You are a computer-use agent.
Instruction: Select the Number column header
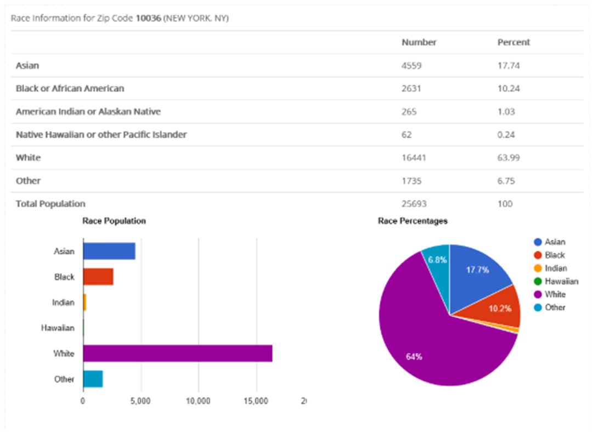pos(419,42)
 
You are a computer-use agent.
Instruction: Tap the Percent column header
pos(514,42)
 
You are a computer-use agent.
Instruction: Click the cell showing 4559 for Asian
pos(412,65)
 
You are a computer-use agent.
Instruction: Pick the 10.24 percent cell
pos(509,88)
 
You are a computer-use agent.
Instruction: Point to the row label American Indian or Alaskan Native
pos(88,111)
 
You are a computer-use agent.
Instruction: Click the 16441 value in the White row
pos(414,158)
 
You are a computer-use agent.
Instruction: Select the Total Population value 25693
pos(414,204)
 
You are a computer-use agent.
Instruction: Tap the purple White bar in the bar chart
pos(177,354)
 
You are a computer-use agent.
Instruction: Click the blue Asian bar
pos(109,251)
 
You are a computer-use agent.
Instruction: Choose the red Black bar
pos(98,277)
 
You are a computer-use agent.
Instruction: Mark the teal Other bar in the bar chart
pos(93,379)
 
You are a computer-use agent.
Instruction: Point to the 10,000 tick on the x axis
pos(198,401)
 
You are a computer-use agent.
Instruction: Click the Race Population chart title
pos(114,221)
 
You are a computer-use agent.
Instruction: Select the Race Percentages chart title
pos(413,221)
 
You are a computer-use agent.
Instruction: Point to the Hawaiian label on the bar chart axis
pos(58,328)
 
